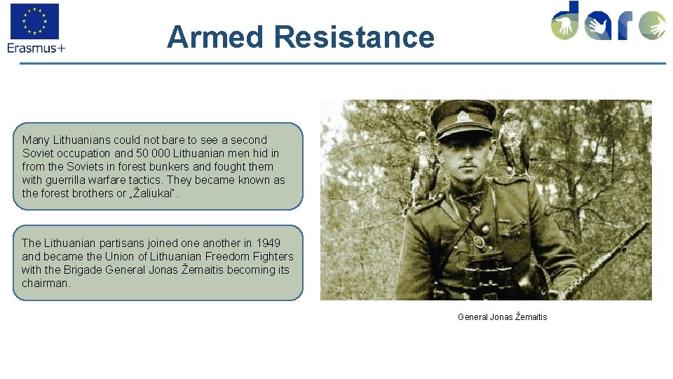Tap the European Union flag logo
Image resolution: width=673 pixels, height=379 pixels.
pos(34,21)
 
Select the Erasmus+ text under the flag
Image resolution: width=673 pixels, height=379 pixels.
pos(36,48)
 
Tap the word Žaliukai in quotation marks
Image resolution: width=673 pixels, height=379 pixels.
pos(158,193)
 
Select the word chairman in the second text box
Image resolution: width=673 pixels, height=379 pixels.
pos(46,283)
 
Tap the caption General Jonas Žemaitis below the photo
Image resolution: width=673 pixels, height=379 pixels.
pos(502,317)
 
